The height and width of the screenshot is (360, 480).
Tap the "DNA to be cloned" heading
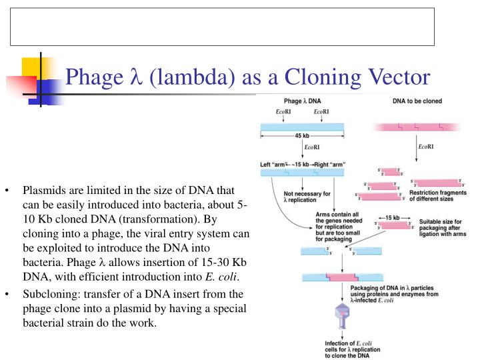[417, 101]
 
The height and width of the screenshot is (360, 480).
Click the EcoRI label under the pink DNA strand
[427, 146]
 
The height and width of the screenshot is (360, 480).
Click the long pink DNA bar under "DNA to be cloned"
[417, 127]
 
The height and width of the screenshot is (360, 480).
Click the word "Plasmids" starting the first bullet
[43, 190]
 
